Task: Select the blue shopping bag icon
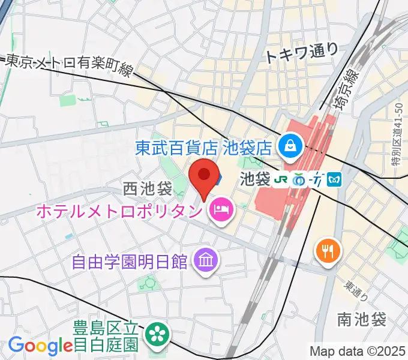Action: click(289, 145)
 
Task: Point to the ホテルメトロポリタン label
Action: click(121, 211)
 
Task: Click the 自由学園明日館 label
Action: click(129, 262)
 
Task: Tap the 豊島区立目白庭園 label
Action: click(107, 337)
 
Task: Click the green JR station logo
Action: click(280, 179)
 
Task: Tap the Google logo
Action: click(40, 345)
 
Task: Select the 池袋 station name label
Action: click(255, 179)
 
